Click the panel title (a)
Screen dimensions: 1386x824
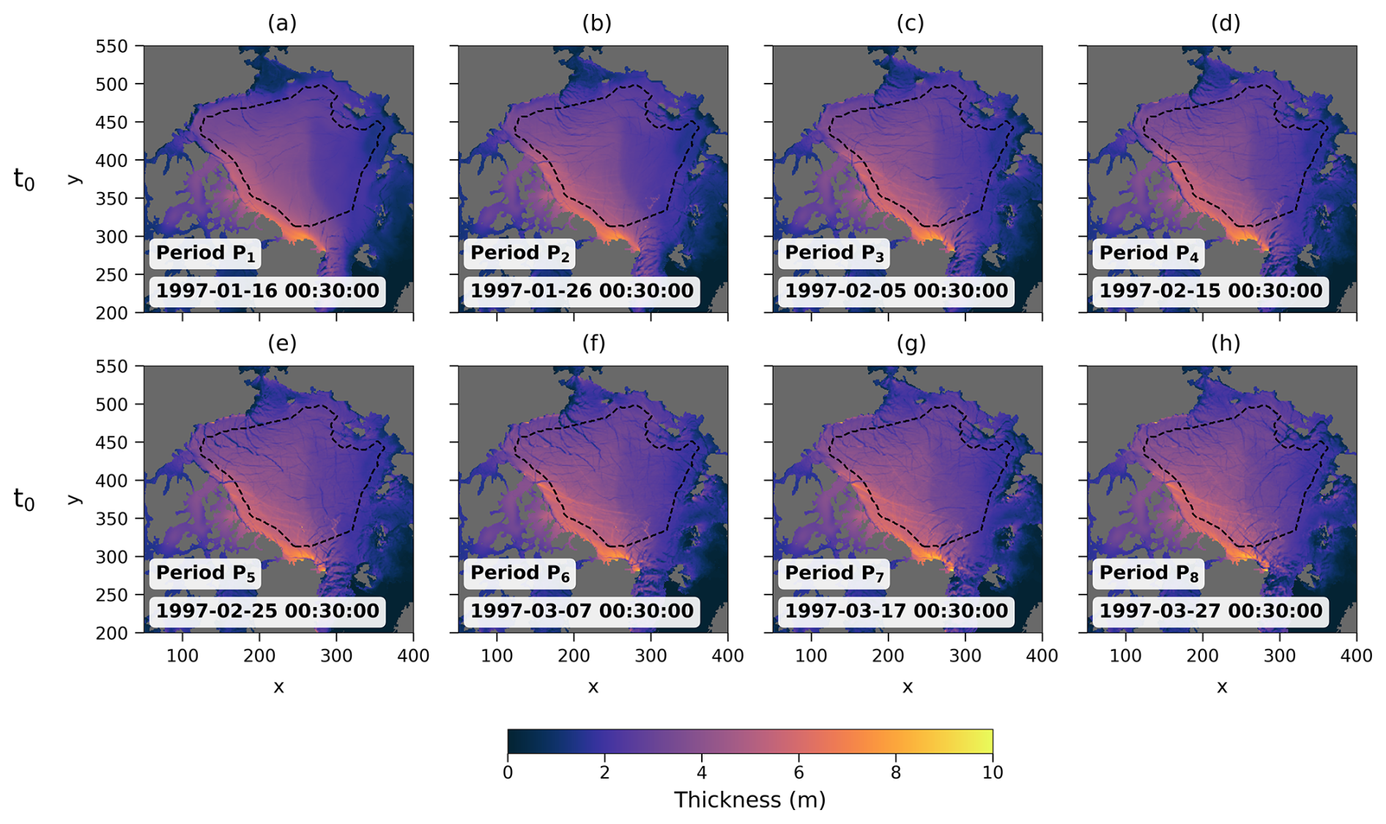[x=282, y=23]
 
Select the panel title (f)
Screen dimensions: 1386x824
[x=593, y=344]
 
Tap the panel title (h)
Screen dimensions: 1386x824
[x=1225, y=344]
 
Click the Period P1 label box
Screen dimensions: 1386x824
[x=206, y=254]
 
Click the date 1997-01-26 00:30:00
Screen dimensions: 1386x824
[x=582, y=291]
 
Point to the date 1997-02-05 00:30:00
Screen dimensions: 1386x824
[x=897, y=291]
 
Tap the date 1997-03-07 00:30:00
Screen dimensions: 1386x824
[x=582, y=611]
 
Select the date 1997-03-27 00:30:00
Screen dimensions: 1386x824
[x=1211, y=611]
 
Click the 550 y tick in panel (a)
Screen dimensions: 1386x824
[x=111, y=46]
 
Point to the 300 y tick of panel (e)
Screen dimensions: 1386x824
[x=111, y=557]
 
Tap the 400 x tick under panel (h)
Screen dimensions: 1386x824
[x=1357, y=655]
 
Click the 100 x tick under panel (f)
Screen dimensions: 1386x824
[x=497, y=655]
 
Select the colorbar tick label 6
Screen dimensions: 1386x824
[x=798, y=773]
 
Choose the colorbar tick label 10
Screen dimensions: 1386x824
[x=993, y=773]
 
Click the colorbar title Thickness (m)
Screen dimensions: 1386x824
[x=750, y=800]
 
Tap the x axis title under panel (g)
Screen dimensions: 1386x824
[x=908, y=687]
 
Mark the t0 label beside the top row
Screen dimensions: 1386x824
[x=24, y=179]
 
